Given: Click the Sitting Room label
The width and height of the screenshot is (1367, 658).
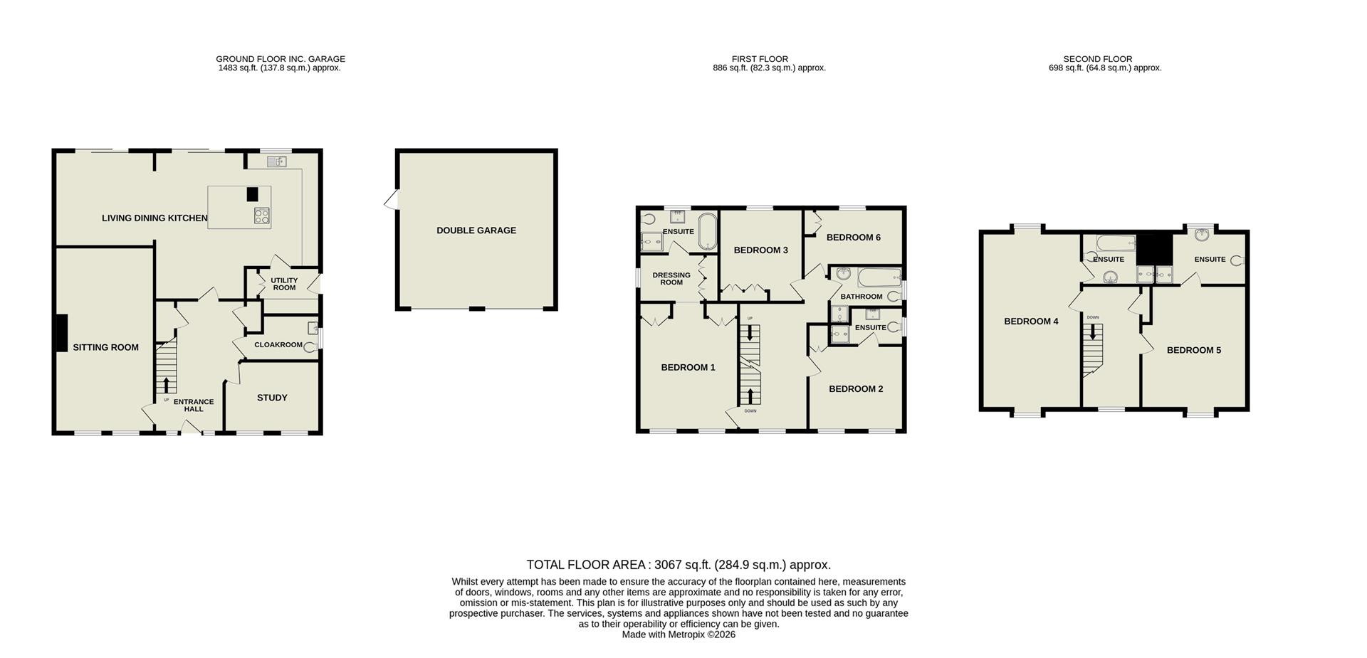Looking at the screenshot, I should (x=105, y=347).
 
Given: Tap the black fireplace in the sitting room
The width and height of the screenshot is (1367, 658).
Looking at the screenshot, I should (x=62, y=333).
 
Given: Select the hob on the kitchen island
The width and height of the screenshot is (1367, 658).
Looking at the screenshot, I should (x=261, y=216).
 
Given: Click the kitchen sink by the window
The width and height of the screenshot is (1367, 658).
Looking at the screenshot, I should (x=276, y=162).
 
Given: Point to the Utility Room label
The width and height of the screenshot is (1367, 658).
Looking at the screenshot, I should (x=284, y=284).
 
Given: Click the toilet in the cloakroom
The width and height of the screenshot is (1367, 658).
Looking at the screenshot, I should (x=309, y=346).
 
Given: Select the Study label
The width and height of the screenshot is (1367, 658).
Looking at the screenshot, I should (x=272, y=398).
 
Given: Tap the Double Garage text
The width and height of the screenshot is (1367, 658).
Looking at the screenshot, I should (x=476, y=230).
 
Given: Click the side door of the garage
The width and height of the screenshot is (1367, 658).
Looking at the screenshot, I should (x=391, y=200).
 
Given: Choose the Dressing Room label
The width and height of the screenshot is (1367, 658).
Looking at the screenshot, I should (x=671, y=279).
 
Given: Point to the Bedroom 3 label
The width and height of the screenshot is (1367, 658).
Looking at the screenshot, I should (x=760, y=250).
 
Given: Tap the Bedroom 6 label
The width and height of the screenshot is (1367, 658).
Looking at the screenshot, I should (x=853, y=238).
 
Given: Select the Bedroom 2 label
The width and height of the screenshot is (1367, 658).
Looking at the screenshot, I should (x=856, y=388).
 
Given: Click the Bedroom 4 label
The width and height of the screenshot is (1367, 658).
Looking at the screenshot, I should (x=1031, y=322).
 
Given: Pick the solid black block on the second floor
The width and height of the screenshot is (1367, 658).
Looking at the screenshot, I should (x=1153, y=248).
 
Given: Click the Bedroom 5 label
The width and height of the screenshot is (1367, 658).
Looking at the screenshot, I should (x=1193, y=350).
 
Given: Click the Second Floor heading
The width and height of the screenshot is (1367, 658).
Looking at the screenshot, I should (x=1097, y=59).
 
